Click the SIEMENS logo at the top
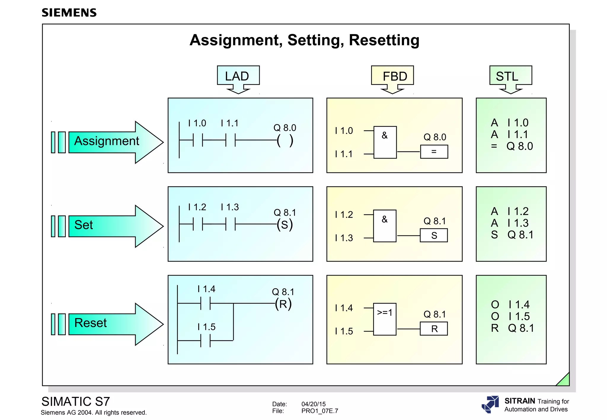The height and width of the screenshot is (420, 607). click(69, 13)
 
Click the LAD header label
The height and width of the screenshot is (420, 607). click(237, 76)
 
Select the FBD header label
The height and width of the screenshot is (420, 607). click(394, 76)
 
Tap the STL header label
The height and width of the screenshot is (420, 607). click(507, 76)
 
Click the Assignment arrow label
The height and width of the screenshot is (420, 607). click(107, 141)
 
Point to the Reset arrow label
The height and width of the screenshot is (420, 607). click(91, 323)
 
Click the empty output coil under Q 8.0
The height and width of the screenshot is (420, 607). click(285, 141)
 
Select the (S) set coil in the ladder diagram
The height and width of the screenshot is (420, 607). click(285, 225)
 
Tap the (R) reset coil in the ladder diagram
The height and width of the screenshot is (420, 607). click(283, 304)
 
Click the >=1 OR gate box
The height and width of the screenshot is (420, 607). click(385, 319)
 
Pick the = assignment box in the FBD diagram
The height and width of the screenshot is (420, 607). click(434, 152)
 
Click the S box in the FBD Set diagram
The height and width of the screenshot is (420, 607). click(434, 235)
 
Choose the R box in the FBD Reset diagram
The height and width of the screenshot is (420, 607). click(434, 329)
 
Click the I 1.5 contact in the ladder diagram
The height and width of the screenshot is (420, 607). click(205, 341)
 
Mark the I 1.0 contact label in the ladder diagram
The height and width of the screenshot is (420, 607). click(197, 123)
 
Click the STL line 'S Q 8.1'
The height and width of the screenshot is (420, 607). click(512, 235)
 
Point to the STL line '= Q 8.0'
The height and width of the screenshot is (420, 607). click(512, 146)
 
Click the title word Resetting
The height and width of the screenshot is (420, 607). click(384, 40)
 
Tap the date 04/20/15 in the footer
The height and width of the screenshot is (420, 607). click(313, 404)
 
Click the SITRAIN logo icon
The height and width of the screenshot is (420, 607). click(490, 405)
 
